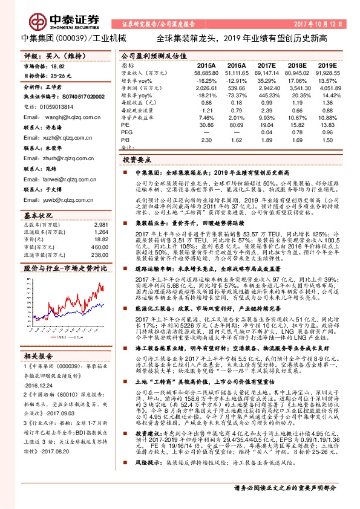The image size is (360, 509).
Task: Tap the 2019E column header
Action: [327, 65]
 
